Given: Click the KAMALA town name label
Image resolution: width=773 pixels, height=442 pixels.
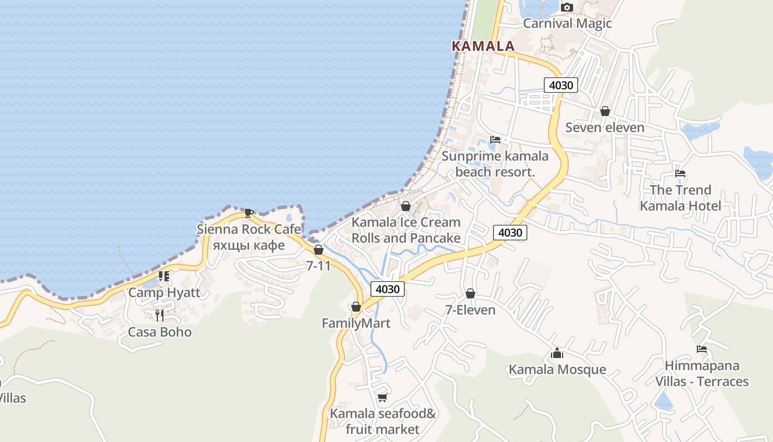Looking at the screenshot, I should pyautogui.click(x=483, y=46).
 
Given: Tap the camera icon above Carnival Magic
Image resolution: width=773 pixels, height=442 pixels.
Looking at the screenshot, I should pyautogui.click(x=567, y=8).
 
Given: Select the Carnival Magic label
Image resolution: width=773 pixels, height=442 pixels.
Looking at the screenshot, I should pyautogui.click(x=567, y=23).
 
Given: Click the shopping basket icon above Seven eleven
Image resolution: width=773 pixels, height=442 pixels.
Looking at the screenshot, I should pyautogui.click(x=605, y=111).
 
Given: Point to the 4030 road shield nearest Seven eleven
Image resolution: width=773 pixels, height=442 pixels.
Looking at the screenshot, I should pyautogui.click(x=561, y=85).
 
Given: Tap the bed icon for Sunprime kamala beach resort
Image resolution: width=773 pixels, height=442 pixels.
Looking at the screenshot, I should pyautogui.click(x=495, y=140).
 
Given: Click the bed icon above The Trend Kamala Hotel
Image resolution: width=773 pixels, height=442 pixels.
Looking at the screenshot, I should pyautogui.click(x=680, y=173).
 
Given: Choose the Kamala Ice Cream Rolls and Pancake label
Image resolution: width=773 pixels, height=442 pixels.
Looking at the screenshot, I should pyautogui.click(x=406, y=230).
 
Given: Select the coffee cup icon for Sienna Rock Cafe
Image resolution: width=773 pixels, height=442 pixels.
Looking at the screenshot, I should pyautogui.click(x=249, y=213).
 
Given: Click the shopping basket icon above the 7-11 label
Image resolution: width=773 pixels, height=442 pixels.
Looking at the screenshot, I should pyautogui.click(x=319, y=250).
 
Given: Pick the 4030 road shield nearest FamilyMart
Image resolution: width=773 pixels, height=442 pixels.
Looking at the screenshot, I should pyautogui.click(x=387, y=288).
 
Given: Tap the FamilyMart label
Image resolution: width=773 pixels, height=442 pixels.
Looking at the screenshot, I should pyautogui.click(x=356, y=323).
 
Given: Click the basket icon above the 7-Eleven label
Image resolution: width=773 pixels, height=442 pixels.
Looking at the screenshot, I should pyautogui.click(x=470, y=293).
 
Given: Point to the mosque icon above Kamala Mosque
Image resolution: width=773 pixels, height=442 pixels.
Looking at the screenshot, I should pyautogui.click(x=557, y=353).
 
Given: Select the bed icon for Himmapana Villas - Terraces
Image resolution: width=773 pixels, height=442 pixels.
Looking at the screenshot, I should pyautogui.click(x=702, y=349).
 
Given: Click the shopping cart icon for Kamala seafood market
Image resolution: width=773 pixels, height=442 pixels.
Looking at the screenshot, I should pyautogui.click(x=382, y=397).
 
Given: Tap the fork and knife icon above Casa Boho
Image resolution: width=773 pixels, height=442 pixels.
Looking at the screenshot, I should pyautogui.click(x=160, y=315).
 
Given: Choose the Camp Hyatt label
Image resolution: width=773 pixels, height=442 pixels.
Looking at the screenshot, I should pyautogui.click(x=164, y=292).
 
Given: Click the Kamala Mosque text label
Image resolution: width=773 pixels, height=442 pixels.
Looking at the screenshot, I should pyautogui.click(x=557, y=369).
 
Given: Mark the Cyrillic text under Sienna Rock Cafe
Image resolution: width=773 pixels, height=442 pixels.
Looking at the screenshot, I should pyautogui.click(x=249, y=245).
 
